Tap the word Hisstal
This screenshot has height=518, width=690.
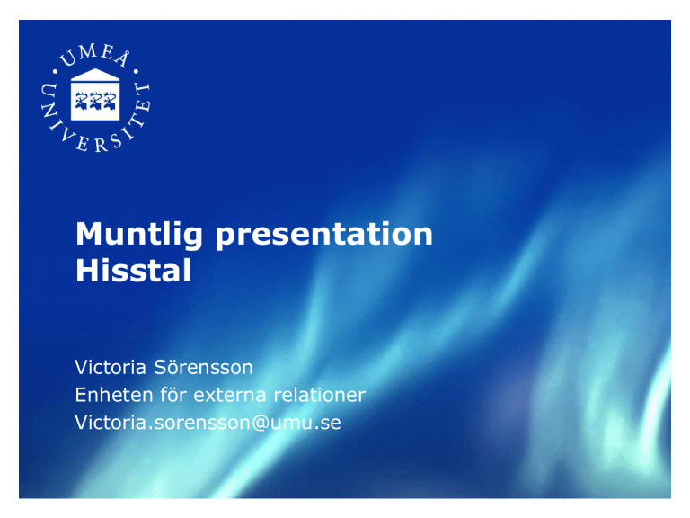(x=133, y=270)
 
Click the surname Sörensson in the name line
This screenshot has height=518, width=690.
(x=203, y=367)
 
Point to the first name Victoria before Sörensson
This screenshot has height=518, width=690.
(x=111, y=367)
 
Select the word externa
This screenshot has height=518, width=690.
(x=229, y=396)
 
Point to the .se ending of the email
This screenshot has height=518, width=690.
(x=327, y=424)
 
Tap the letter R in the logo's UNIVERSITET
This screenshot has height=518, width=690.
(x=101, y=146)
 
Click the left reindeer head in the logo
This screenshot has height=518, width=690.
(x=82, y=101)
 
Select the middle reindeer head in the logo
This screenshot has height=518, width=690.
(x=95, y=101)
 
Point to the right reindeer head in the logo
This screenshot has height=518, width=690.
(x=109, y=101)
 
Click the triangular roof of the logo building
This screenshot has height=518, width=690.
(x=95, y=75)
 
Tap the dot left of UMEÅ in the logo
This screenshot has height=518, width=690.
(x=56, y=71)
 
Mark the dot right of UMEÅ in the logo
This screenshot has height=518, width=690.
(x=136, y=71)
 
